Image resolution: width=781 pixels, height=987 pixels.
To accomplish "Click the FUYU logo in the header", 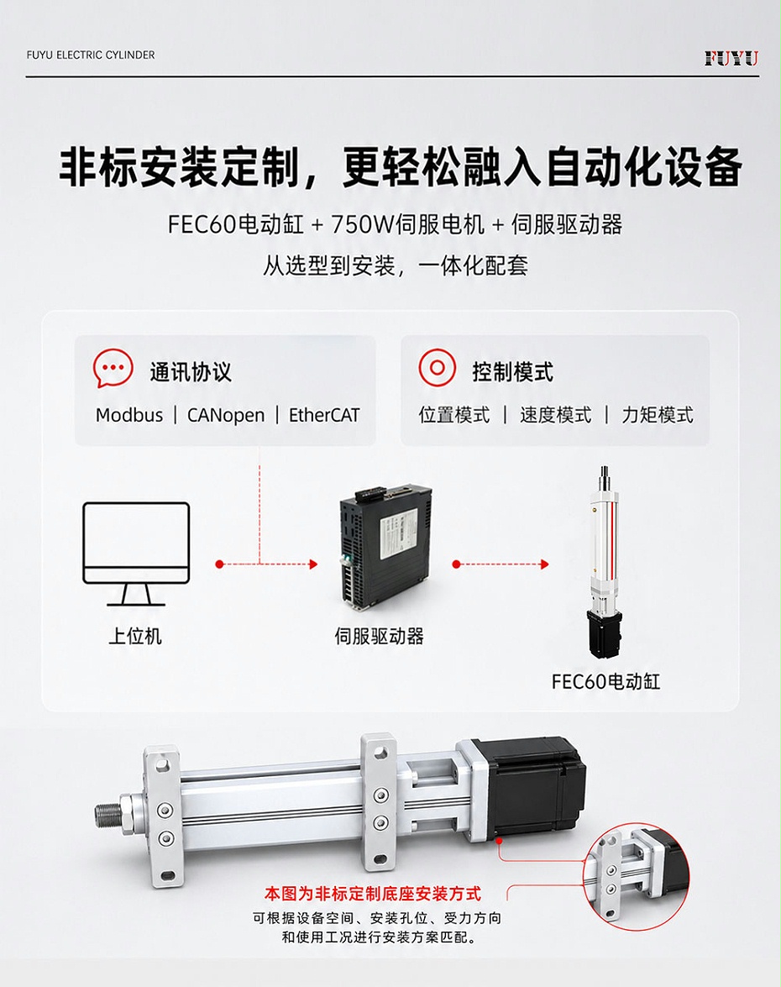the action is [731, 59].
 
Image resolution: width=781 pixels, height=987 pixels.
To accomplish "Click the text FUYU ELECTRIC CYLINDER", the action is [91, 55].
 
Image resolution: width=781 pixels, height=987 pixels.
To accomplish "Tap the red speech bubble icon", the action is [113, 368].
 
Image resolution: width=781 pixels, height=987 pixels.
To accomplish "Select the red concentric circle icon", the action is [437, 368].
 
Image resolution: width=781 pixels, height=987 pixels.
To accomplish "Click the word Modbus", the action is [129, 416].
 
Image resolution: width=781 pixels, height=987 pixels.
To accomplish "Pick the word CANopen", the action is [226, 416].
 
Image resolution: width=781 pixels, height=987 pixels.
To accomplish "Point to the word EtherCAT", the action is [324, 416].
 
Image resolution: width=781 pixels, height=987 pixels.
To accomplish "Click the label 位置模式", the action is [454, 415].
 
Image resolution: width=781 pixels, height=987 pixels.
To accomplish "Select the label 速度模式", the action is [556, 415].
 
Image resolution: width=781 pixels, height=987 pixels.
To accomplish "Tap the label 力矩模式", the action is [658, 415].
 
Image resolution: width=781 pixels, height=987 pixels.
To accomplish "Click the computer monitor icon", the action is [136, 554].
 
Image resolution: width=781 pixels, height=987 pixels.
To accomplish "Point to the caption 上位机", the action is [135, 636].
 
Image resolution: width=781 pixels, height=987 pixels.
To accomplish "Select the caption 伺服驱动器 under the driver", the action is [379, 636].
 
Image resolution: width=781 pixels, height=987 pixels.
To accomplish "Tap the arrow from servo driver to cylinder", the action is [501, 564].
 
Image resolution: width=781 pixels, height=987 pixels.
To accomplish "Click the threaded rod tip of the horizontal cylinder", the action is [106, 813].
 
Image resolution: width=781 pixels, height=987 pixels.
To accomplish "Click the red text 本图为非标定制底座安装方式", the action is [373, 893].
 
